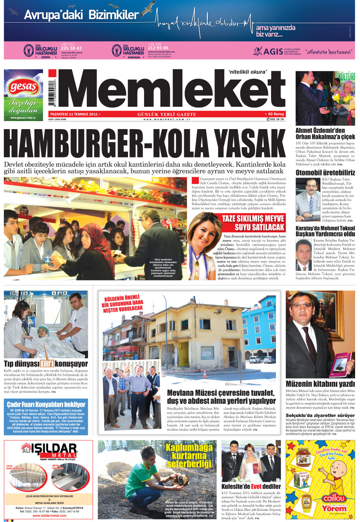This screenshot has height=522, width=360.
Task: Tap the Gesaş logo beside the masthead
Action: coord(23,87)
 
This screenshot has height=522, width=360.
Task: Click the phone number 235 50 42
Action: coord(71,48)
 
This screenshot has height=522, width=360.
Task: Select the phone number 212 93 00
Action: coord(158,48)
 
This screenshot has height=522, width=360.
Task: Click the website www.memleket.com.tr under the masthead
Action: coord(166,119)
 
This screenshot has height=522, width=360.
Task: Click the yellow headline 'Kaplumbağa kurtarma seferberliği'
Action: coord(189,455)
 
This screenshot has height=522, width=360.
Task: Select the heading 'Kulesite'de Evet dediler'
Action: coord(251,486)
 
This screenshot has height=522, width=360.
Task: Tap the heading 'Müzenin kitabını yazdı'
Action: coord(320,384)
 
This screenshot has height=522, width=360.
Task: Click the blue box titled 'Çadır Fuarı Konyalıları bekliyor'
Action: coord(46,417)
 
